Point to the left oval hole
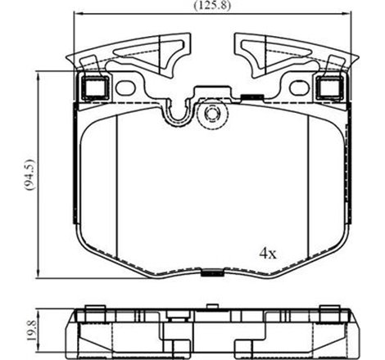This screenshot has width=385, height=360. click(x=125, y=87)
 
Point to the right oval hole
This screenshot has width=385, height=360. click(x=297, y=87)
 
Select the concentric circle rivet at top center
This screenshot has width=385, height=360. click(x=211, y=113)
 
